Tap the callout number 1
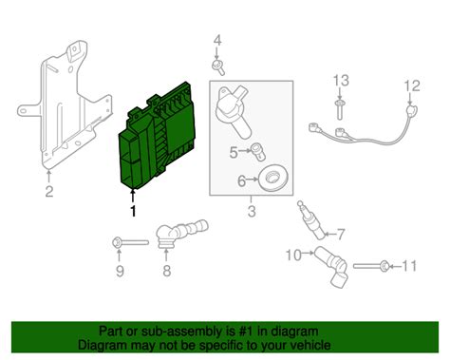tap(133, 211)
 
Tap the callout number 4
tap(216, 40)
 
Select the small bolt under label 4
tap(218, 66)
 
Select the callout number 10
tap(293, 253)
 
